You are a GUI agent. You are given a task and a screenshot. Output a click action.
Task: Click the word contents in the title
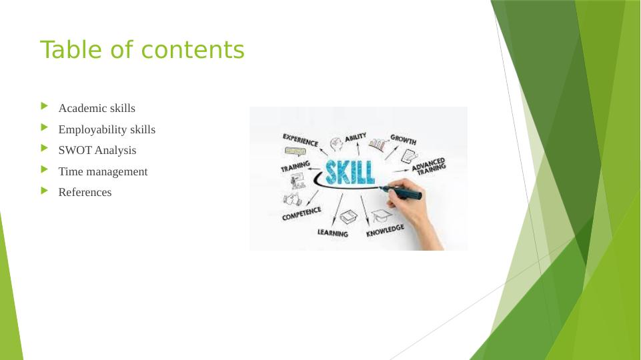tap(193, 50)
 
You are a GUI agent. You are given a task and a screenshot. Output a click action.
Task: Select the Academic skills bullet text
tap(97, 108)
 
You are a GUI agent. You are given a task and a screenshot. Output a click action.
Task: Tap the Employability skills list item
tap(107, 129)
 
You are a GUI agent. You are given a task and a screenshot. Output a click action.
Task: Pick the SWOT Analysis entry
tap(97, 151)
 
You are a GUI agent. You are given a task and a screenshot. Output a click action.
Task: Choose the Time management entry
tap(103, 171)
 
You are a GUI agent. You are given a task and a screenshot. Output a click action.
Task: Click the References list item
tap(85, 192)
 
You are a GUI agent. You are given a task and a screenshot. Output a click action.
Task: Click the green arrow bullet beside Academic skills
tap(45, 106)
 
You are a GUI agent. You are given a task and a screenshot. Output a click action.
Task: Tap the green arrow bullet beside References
tap(45, 191)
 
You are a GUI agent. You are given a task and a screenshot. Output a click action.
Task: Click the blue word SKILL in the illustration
tap(350, 172)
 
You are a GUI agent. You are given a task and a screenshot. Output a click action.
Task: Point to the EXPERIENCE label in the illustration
tap(300, 140)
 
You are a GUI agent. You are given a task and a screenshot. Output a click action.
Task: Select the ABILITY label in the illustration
tap(356, 137)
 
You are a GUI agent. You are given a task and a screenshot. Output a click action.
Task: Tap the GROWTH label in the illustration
tap(404, 140)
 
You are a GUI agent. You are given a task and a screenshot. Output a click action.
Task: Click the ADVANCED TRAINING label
tap(429, 167)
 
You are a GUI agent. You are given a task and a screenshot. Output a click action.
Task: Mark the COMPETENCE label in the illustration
tap(301, 214)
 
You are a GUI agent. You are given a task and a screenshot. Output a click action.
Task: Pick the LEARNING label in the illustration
tap(333, 233)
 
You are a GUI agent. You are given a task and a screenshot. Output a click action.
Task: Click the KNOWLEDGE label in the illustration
tap(385, 231)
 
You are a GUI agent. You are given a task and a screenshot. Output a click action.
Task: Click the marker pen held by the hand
tap(402, 192)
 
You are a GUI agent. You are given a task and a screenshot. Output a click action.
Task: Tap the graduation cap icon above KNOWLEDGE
tap(382, 216)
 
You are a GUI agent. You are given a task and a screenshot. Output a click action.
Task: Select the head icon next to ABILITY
tap(336, 144)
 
